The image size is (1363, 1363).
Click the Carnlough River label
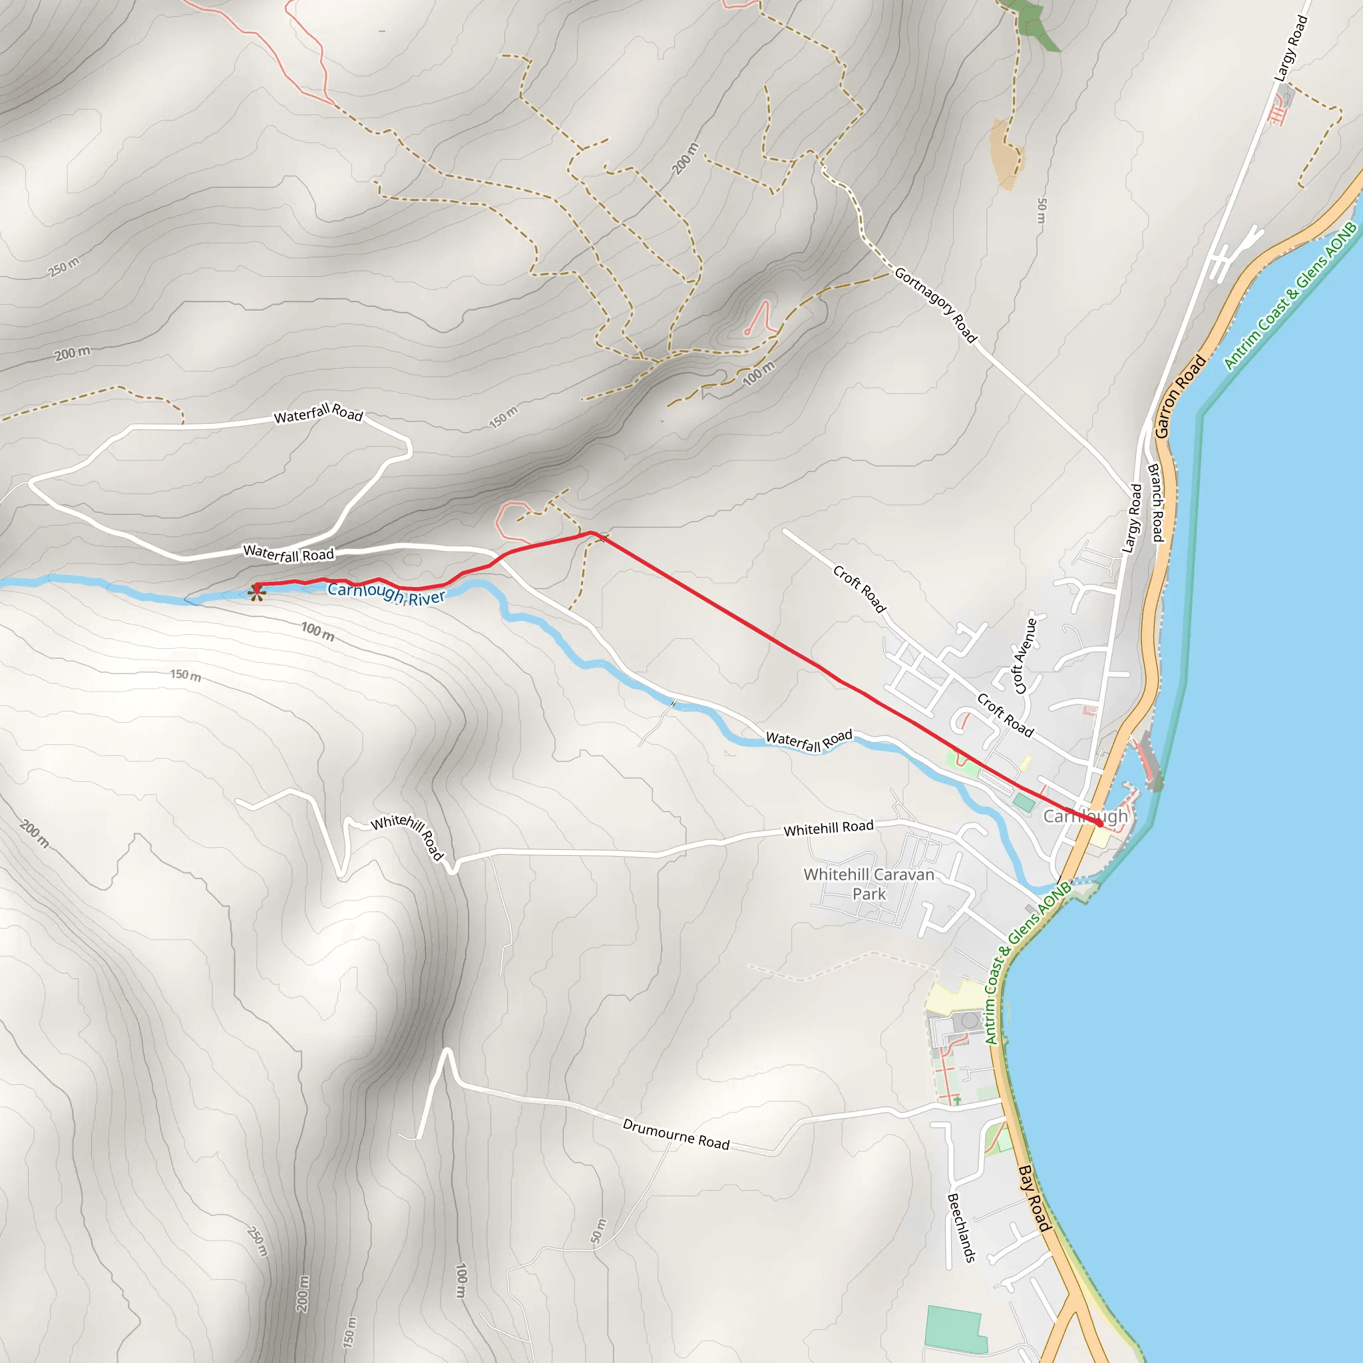387,593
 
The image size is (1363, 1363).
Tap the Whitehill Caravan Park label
869,884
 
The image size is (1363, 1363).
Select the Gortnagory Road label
936,305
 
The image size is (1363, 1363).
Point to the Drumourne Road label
676,1133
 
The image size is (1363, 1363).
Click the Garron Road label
1179,396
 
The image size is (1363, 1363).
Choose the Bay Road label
1035,1198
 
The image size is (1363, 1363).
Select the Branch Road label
1155,502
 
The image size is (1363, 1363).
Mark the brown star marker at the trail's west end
257,592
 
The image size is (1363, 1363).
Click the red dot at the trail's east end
1099,823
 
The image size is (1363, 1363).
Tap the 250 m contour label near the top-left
63,268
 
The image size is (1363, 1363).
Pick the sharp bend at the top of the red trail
591,532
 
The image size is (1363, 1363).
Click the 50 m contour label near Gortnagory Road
1042,210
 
